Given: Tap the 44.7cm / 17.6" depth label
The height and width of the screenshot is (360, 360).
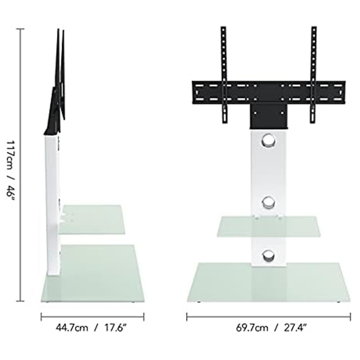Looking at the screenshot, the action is [91, 328].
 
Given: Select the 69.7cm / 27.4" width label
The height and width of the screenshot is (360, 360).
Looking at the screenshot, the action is [271, 328].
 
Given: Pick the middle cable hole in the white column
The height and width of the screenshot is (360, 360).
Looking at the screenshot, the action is [268, 202].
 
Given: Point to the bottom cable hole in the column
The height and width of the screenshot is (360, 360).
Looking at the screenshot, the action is [268, 255].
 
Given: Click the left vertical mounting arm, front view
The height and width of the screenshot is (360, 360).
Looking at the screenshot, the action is [224, 75].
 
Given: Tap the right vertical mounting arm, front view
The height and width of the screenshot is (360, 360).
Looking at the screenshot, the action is [314, 75].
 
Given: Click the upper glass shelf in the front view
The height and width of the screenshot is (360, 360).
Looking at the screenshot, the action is [269, 226].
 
